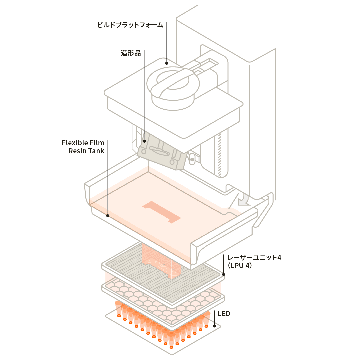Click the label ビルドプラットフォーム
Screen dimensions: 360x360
click(x=130, y=25)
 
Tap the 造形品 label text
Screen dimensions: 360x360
click(x=130, y=53)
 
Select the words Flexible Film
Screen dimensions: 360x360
click(x=83, y=143)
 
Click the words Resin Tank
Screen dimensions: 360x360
click(x=86, y=151)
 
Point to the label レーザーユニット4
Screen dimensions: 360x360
click(x=254, y=258)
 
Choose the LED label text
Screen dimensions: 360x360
click(x=224, y=314)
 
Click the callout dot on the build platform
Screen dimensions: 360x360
click(x=166, y=62)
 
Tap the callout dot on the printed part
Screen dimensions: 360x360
click(x=144, y=141)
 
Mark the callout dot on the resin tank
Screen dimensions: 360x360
click(x=108, y=216)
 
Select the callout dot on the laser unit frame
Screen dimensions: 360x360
click(x=224, y=275)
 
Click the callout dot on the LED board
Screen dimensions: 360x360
click(x=215, y=326)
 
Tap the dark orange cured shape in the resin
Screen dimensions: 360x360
click(x=162, y=212)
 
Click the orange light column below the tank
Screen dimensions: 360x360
click(x=157, y=260)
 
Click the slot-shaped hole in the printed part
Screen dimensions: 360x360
click(x=158, y=152)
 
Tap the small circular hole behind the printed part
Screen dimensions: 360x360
click(x=192, y=159)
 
